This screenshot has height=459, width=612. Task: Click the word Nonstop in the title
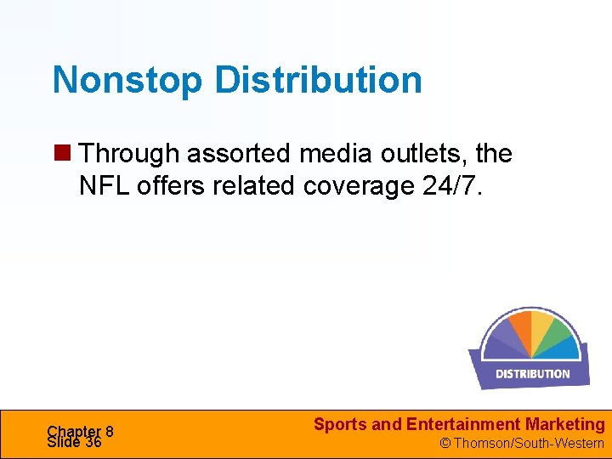tap(128, 81)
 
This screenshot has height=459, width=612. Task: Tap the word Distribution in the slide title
tap(318, 81)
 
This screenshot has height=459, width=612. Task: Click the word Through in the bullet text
tap(129, 154)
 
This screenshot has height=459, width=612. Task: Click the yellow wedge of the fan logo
tap(545, 328)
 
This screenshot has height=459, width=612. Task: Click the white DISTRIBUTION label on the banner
tap(533, 373)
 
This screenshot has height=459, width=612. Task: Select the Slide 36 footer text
tap(75, 442)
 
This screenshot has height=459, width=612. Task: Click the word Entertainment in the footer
tap(462, 424)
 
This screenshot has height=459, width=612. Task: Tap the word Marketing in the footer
tap(565, 424)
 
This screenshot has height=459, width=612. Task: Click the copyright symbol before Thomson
tap(444, 443)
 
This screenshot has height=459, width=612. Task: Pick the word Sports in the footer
tap(340, 424)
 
